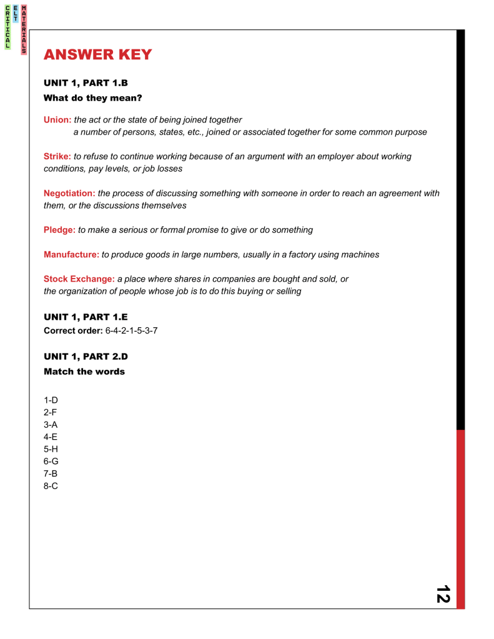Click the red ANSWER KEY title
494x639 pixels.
coord(97,55)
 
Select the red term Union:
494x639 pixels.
coord(57,119)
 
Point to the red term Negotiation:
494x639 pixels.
coord(69,193)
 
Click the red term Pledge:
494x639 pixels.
coord(59,230)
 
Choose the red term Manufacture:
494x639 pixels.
coord(71,254)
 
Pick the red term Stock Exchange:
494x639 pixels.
coord(79,279)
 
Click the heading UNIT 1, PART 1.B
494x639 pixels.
coord(86,83)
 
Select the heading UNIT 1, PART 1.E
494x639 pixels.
coord(86,317)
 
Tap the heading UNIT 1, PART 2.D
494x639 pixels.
coord(86,356)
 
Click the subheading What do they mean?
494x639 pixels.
coord(93,98)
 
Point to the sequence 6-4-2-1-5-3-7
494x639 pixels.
coord(131,330)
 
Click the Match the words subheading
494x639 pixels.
coord(84,372)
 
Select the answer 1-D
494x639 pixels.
coord(51,400)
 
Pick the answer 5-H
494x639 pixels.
coord(51,449)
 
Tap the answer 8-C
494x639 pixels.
coord(51,485)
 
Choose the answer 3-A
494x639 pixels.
coord(51,424)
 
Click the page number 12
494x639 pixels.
coord(443,593)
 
